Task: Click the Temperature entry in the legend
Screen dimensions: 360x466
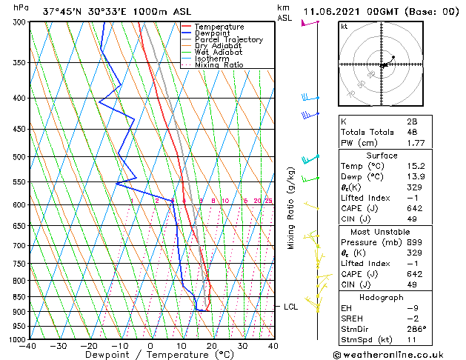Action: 219,27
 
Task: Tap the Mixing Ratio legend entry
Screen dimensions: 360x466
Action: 219,65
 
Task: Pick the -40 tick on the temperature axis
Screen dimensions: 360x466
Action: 28,346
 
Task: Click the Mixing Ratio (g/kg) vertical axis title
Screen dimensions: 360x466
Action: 291,208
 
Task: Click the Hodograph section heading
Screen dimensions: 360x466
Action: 382,297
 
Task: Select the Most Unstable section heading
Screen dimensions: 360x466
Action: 382,231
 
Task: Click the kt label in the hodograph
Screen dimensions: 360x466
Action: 344,27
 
